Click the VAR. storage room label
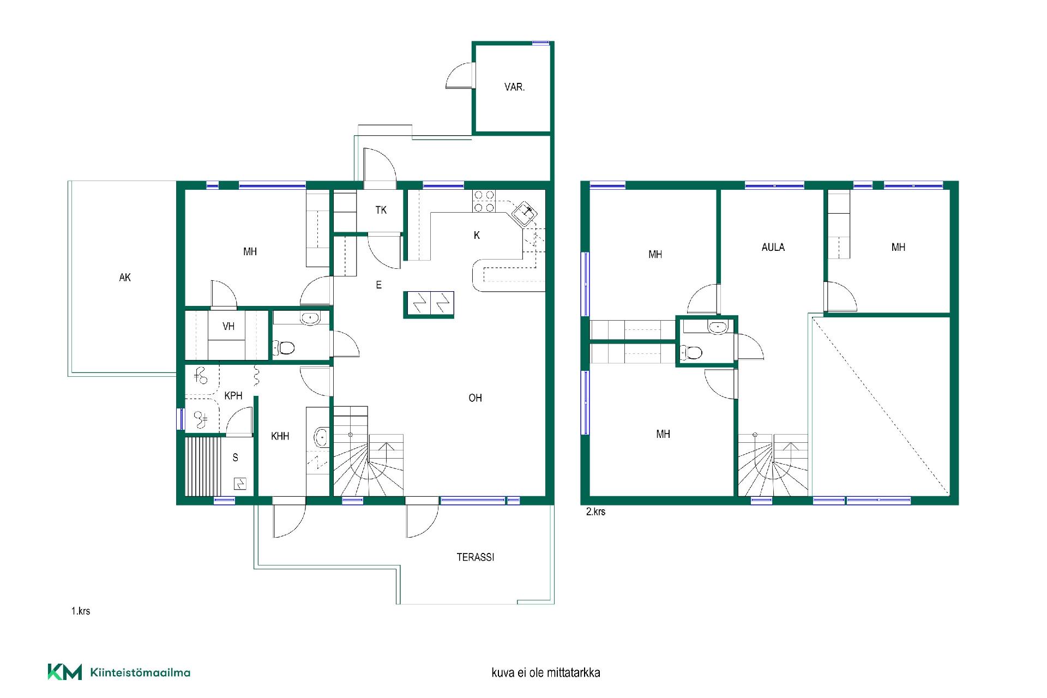(514, 87)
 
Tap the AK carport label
(125, 278)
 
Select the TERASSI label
(476, 557)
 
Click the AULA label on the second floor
(773, 247)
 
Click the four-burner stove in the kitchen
(484, 201)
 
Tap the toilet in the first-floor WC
(284, 347)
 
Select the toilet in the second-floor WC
(691, 352)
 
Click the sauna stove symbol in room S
(240, 483)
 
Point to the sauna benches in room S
(203, 466)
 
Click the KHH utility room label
(280, 436)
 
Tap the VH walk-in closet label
(228, 327)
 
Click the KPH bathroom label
(233, 396)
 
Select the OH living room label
(475, 398)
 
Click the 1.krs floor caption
(81, 611)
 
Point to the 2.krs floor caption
(595, 512)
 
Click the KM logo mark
(65, 672)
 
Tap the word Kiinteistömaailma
(140, 672)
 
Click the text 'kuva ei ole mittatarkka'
(546, 673)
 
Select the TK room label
(381, 210)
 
